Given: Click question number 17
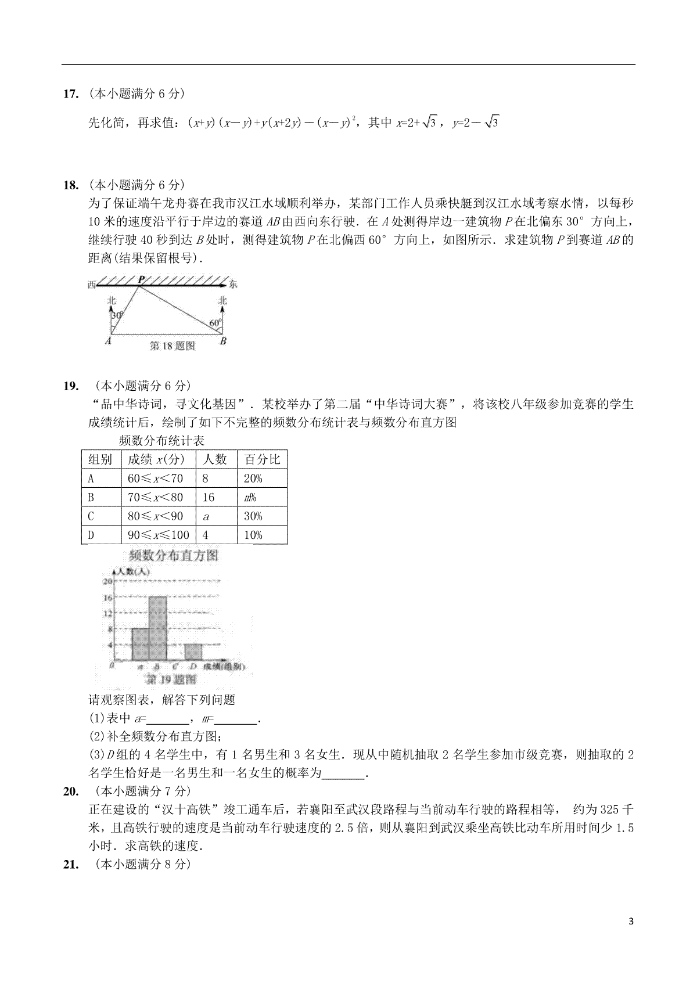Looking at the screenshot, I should (70, 93).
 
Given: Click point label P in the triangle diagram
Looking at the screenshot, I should (141, 280).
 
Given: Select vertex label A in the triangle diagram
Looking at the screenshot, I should (108, 342).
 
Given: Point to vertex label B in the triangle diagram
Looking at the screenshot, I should (223, 342).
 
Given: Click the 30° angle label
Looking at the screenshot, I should (117, 315).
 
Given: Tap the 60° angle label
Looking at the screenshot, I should (215, 323).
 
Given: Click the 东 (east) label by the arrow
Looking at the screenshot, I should (233, 285).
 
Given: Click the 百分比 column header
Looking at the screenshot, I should (262, 459).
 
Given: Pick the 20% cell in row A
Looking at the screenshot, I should (253, 478).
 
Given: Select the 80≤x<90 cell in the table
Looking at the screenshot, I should (155, 516).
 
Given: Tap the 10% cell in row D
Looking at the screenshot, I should (253, 535).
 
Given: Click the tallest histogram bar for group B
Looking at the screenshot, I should (158, 628).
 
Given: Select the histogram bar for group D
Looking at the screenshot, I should (193, 652).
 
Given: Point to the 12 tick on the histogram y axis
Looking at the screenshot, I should (107, 613).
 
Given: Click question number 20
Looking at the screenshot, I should (70, 791).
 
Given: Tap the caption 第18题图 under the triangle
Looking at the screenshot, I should (172, 346).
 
